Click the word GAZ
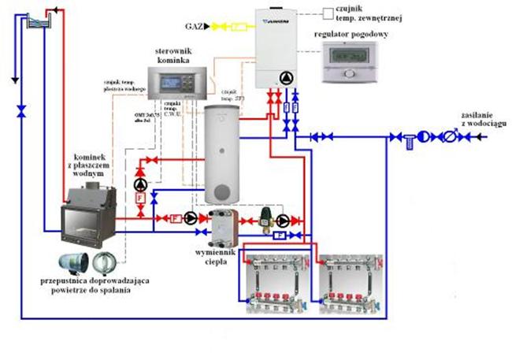click(192, 27)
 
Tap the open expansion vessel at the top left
click(36, 22)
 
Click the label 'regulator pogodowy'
click(351, 35)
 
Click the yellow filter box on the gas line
click(237, 27)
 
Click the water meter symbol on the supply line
click(448, 137)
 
